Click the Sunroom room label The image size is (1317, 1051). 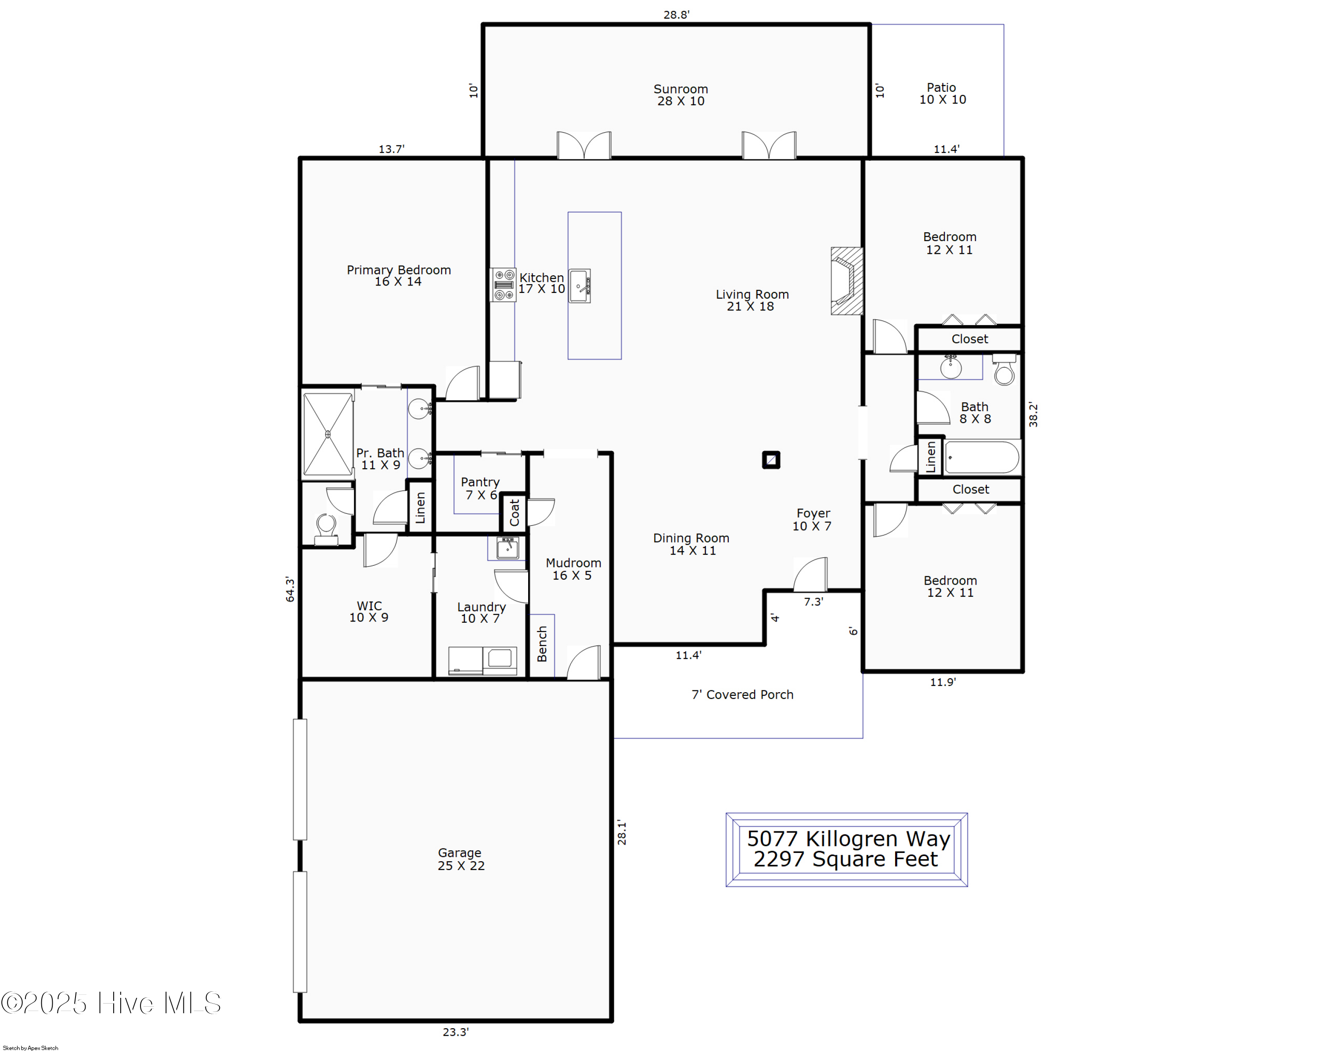[x=680, y=95]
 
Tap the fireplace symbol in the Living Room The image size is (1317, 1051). [x=847, y=281]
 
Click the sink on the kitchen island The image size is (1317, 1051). [x=579, y=286]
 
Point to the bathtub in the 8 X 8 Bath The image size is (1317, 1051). [x=982, y=458]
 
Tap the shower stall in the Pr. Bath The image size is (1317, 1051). [x=328, y=434]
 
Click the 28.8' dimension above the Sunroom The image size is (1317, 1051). [x=676, y=14]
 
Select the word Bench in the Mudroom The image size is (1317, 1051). [x=542, y=644]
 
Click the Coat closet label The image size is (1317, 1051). [x=515, y=512]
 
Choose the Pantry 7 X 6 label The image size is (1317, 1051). [x=480, y=488]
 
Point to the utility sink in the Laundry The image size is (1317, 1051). [x=507, y=548]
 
